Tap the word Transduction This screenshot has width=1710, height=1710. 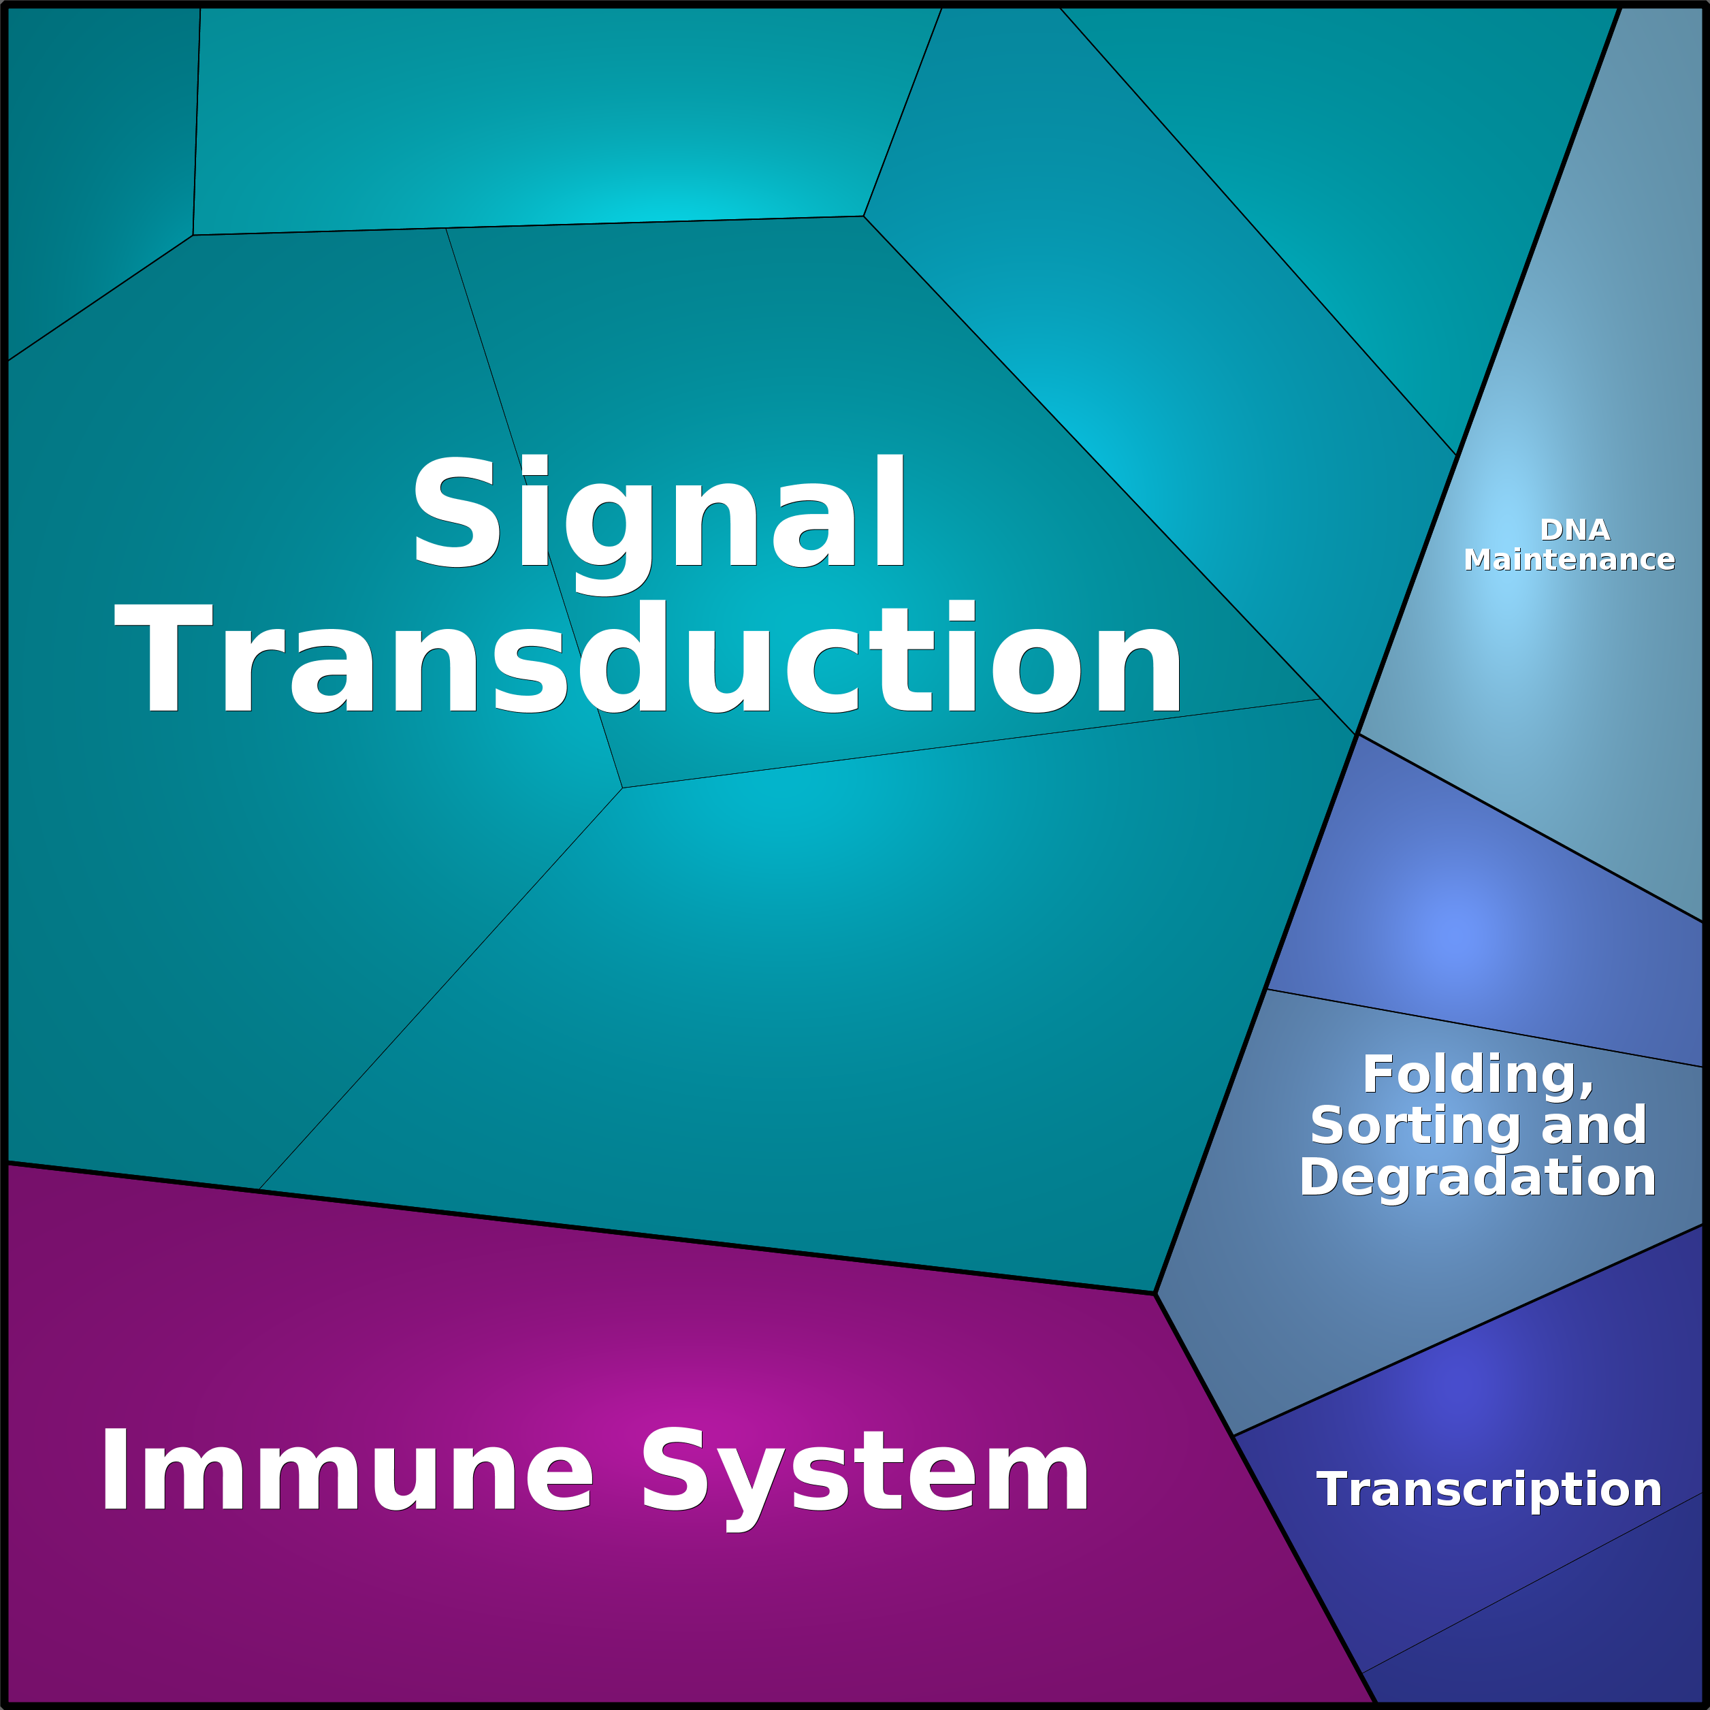649,657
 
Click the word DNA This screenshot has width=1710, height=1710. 1575,530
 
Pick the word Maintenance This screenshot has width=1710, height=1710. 1569,560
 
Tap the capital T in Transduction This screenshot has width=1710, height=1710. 164,657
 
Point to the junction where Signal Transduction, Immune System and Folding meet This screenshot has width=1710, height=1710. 1156,1293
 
